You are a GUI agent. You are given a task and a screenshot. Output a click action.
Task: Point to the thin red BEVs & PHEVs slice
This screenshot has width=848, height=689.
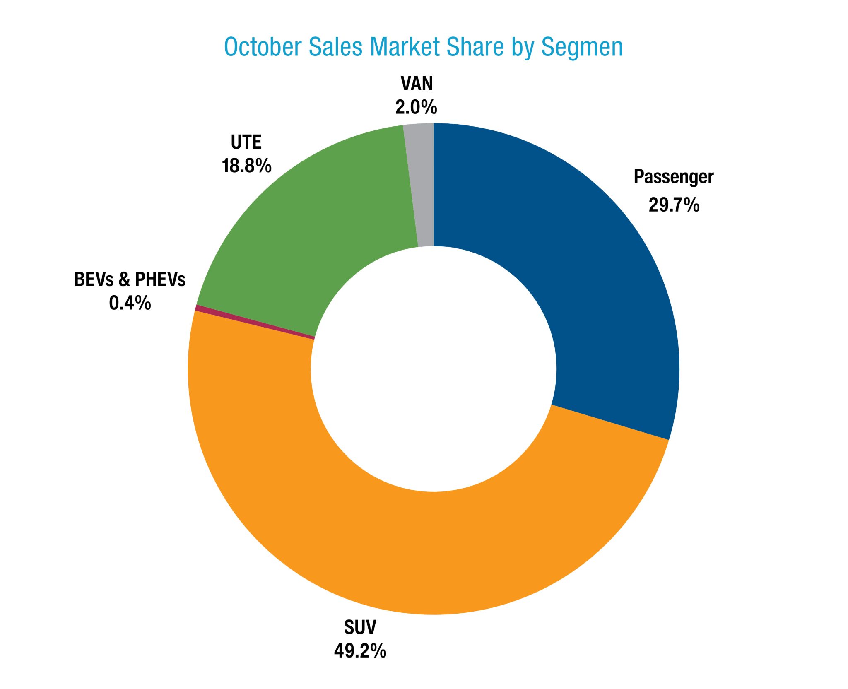click(255, 323)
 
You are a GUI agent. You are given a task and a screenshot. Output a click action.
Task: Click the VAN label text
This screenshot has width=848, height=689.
click(417, 84)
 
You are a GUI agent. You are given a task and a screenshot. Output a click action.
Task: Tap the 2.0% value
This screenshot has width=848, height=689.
click(416, 107)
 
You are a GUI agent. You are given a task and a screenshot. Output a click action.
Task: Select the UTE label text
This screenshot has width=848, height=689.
click(246, 142)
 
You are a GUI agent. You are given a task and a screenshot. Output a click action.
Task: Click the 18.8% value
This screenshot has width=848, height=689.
click(247, 166)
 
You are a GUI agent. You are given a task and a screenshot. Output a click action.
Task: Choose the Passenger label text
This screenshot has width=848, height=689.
click(674, 177)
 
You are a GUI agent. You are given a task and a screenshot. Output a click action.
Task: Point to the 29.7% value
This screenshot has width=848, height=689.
click(674, 205)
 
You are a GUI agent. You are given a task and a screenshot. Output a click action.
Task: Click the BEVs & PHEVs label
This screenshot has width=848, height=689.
click(130, 279)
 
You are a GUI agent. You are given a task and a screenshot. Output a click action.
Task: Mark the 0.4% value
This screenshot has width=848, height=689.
click(130, 303)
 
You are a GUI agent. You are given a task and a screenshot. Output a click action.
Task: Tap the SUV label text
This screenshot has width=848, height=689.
click(360, 627)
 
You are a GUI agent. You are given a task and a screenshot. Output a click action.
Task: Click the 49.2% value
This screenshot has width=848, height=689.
click(360, 651)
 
